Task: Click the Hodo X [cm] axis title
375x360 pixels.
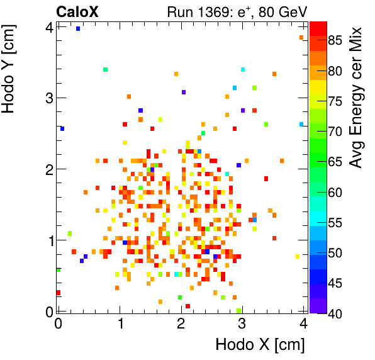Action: click(x=260, y=345)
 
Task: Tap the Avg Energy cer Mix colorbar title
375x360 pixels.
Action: click(x=357, y=97)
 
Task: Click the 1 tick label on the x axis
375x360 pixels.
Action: click(x=120, y=324)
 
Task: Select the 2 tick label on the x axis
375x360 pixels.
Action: click(x=181, y=324)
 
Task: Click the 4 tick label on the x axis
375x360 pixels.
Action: click(x=303, y=324)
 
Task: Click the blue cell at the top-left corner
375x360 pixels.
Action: click(x=78, y=28)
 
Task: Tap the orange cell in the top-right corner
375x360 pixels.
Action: click(x=301, y=38)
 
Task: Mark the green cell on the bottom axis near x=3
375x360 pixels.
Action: click(x=238, y=310)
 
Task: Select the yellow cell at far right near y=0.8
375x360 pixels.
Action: click(x=298, y=256)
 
